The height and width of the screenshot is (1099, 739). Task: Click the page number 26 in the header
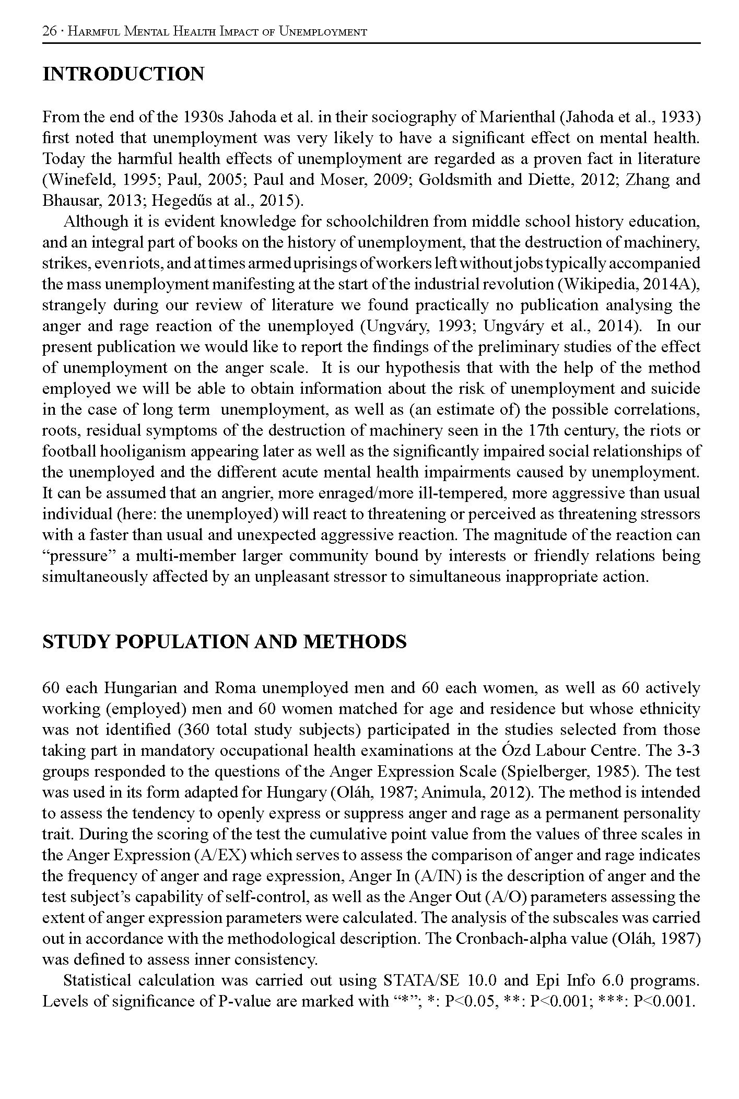coord(49,31)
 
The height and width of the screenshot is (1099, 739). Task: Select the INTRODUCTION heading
coord(123,74)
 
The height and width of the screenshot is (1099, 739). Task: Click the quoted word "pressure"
coord(78,556)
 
